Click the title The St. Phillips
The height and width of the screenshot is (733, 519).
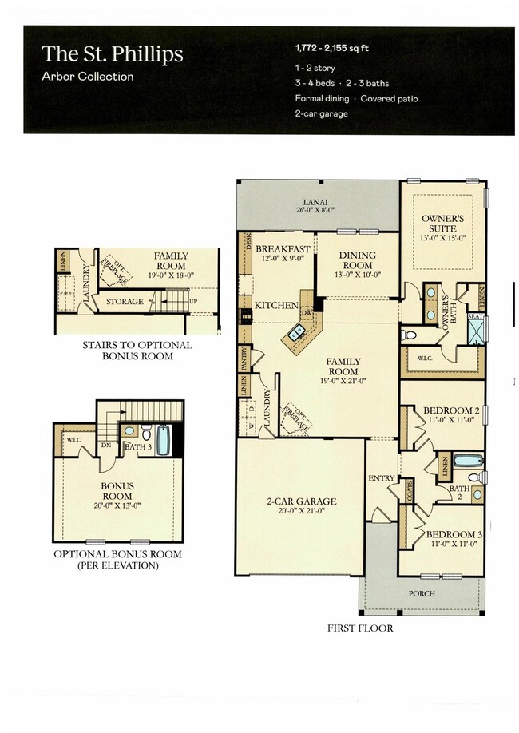point(113,54)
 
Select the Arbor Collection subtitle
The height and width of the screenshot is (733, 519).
point(88,77)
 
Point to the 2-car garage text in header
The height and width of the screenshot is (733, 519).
point(321,113)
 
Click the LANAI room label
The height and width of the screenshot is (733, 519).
point(318,203)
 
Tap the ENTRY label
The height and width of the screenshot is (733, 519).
point(382,478)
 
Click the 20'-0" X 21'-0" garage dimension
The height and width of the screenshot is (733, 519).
point(301,512)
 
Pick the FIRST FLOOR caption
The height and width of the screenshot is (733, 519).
point(359,628)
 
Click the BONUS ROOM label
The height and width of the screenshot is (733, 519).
point(117,490)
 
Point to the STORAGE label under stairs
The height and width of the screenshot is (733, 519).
point(126,302)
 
